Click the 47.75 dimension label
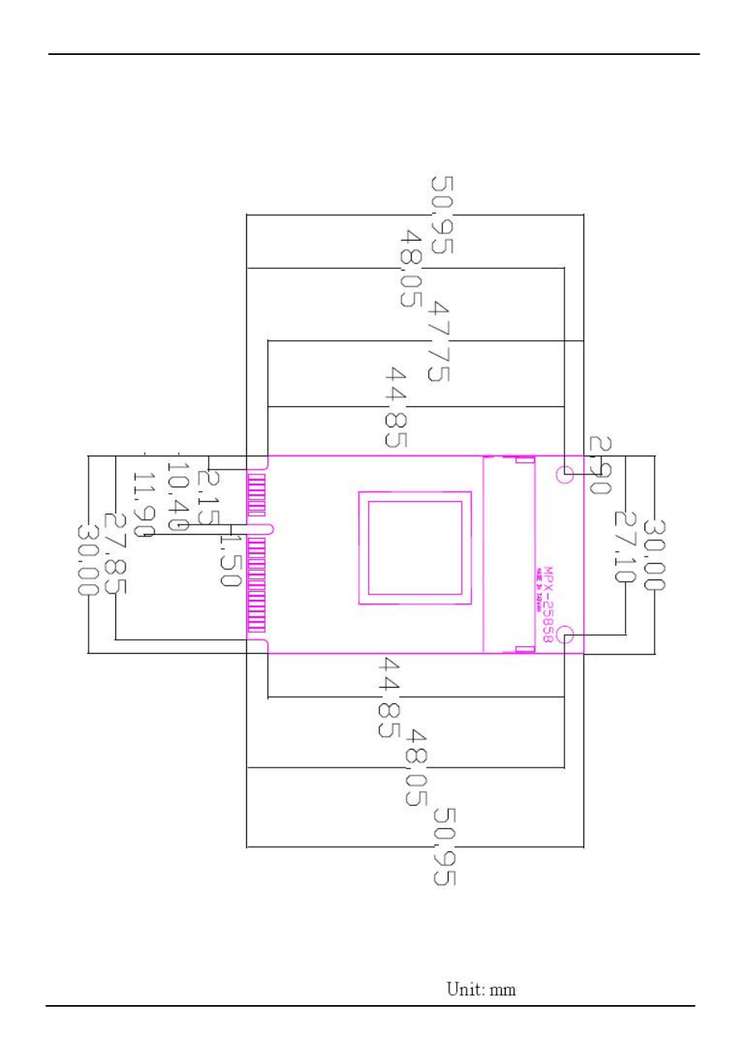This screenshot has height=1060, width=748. click(439, 342)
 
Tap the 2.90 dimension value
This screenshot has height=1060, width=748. click(600, 466)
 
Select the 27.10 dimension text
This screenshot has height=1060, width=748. click(625, 546)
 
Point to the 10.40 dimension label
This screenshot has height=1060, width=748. click(178, 497)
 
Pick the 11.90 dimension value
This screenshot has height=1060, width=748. click(143, 504)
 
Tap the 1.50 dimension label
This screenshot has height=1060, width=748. click(229, 559)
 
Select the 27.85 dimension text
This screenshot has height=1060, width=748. click(115, 554)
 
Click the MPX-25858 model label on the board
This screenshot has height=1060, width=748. click(548, 604)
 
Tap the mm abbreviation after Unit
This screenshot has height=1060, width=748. click(503, 990)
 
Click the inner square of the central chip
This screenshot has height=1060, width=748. click(415, 548)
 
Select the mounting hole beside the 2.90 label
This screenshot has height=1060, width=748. click(565, 474)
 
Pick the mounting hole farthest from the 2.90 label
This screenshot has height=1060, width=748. click(568, 634)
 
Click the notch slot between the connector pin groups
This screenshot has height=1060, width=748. click(260, 530)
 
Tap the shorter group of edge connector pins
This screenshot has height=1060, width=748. click(256, 494)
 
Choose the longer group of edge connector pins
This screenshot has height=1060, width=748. click(256, 584)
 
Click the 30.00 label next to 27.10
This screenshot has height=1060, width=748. click(654, 554)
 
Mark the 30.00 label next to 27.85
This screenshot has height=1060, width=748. click(87, 560)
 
